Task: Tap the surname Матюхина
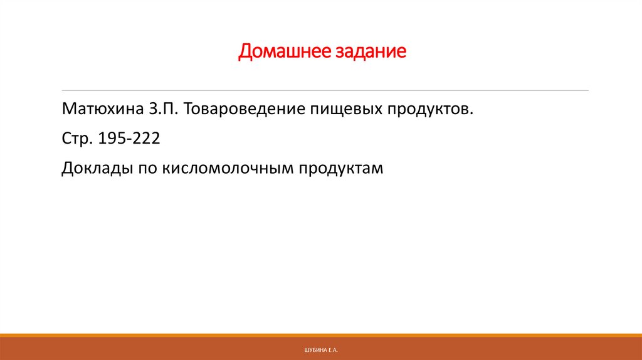pos(103,110)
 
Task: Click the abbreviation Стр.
pos(76,139)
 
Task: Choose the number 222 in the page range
pos(146,139)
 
